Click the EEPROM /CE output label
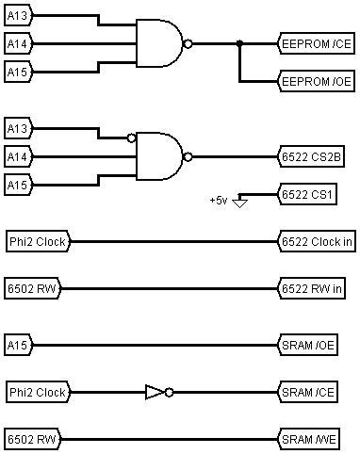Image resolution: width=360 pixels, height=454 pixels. point(316,43)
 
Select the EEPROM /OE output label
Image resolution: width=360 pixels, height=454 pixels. point(316,82)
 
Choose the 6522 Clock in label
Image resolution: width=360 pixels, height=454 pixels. point(317,242)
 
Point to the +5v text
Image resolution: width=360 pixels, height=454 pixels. point(220,201)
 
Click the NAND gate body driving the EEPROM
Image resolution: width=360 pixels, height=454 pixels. point(160,43)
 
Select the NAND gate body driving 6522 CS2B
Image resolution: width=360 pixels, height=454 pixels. point(160,156)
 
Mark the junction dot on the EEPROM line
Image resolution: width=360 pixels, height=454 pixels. point(240,43)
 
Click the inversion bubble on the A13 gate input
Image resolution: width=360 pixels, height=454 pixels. point(133,138)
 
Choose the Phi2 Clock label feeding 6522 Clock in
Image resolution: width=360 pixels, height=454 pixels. point(38,242)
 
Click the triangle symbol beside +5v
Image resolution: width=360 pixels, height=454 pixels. point(241,201)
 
